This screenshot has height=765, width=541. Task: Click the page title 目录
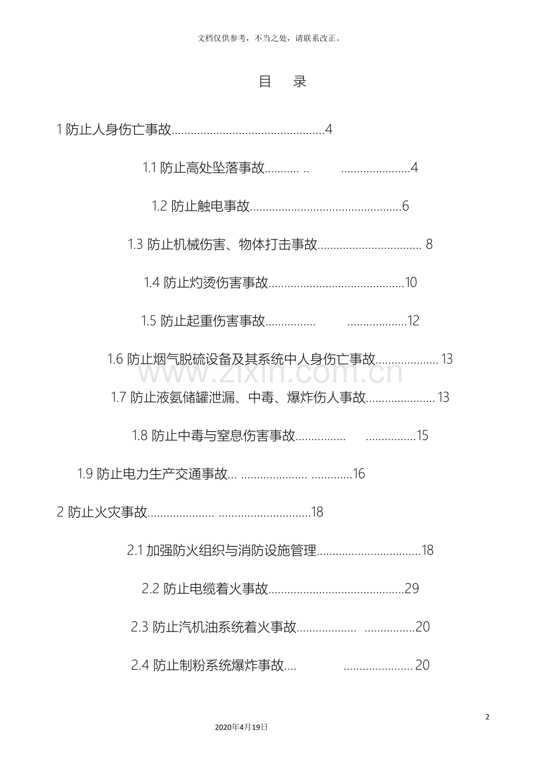coord(283,82)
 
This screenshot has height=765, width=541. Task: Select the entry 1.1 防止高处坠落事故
coord(203,168)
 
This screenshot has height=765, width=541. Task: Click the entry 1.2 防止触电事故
coord(201,206)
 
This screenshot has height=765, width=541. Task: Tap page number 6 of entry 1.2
coord(406,206)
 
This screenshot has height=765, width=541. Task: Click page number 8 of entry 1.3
coord(429,244)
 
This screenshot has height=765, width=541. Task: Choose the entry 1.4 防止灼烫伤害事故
coord(206,282)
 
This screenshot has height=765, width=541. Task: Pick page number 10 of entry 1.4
coord(411,282)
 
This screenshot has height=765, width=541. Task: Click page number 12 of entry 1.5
coord(413,321)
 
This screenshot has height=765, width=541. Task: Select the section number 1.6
coord(115,359)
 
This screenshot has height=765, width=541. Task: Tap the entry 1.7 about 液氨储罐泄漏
coord(238,397)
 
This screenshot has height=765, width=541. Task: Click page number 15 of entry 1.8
coord(422,435)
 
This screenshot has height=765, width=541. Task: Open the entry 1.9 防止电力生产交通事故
coord(152,474)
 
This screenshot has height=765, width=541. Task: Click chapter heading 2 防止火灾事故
coord(102,512)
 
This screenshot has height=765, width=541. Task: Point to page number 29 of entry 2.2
coord(412,588)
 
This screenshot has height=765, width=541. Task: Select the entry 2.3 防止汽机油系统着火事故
coord(213,627)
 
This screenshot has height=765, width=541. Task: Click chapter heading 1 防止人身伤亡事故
coord(114,129)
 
